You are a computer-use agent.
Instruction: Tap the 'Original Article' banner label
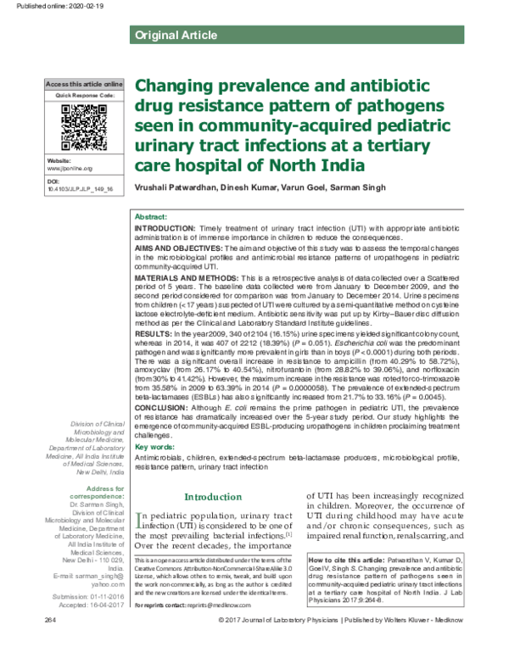(x=168, y=35)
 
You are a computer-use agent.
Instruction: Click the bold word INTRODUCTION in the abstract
(x=165, y=230)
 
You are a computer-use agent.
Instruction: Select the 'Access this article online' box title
(x=83, y=86)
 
